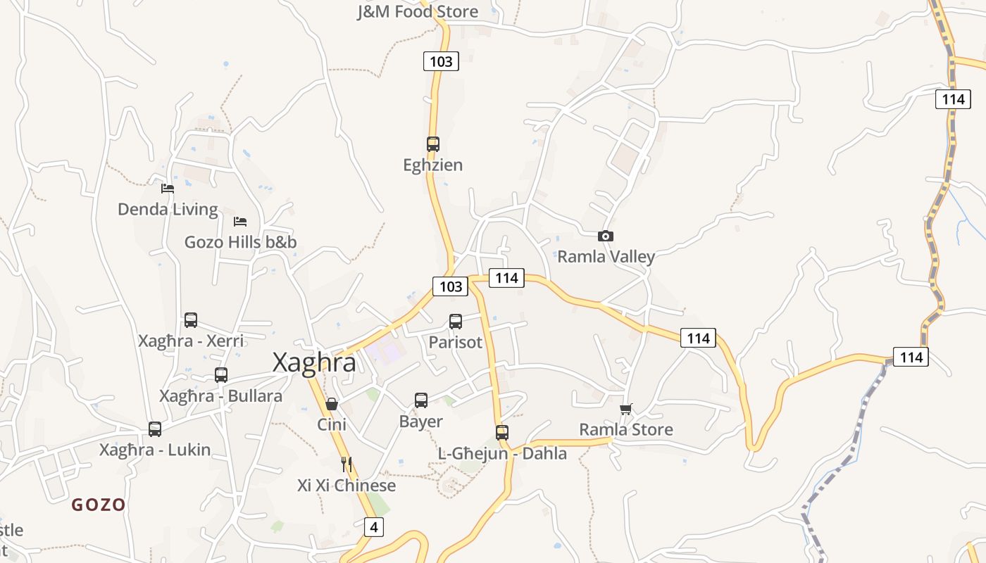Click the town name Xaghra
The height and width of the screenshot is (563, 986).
click(x=314, y=362)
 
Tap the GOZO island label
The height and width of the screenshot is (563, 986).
click(x=99, y=505)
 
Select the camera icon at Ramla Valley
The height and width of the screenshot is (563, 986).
click(x=605, y=236)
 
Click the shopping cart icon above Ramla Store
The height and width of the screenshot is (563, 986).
click(x=626, y=409)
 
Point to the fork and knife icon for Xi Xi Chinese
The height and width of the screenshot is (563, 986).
click(x=346, y=464)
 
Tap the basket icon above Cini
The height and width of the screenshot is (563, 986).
click(x=332, y=404)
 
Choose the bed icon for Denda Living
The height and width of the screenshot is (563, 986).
click(x=168, y=188)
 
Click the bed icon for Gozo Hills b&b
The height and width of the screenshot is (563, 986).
click(x=240, y=221)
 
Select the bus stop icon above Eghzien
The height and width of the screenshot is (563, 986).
click(x=433, y=144)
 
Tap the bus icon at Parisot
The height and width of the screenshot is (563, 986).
click(x=456, y=321)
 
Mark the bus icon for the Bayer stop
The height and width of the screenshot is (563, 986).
click(x=421, y=400)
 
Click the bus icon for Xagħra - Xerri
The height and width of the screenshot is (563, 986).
click(x=191, y=320)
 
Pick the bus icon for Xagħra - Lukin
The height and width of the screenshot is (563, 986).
click(x=155, y=429)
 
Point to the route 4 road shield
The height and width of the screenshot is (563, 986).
click(x=374, y=526)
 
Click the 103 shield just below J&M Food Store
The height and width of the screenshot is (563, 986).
click(x=441, y=61)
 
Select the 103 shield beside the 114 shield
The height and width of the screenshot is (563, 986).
click(x=450, y=286)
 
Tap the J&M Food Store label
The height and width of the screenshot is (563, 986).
click(x=418, y=11)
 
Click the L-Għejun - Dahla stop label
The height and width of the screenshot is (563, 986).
click(x=502, y=454)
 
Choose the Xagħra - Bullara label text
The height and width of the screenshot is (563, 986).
click(x=220, y=396)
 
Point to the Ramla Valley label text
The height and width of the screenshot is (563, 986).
click(x=606, y=257)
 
